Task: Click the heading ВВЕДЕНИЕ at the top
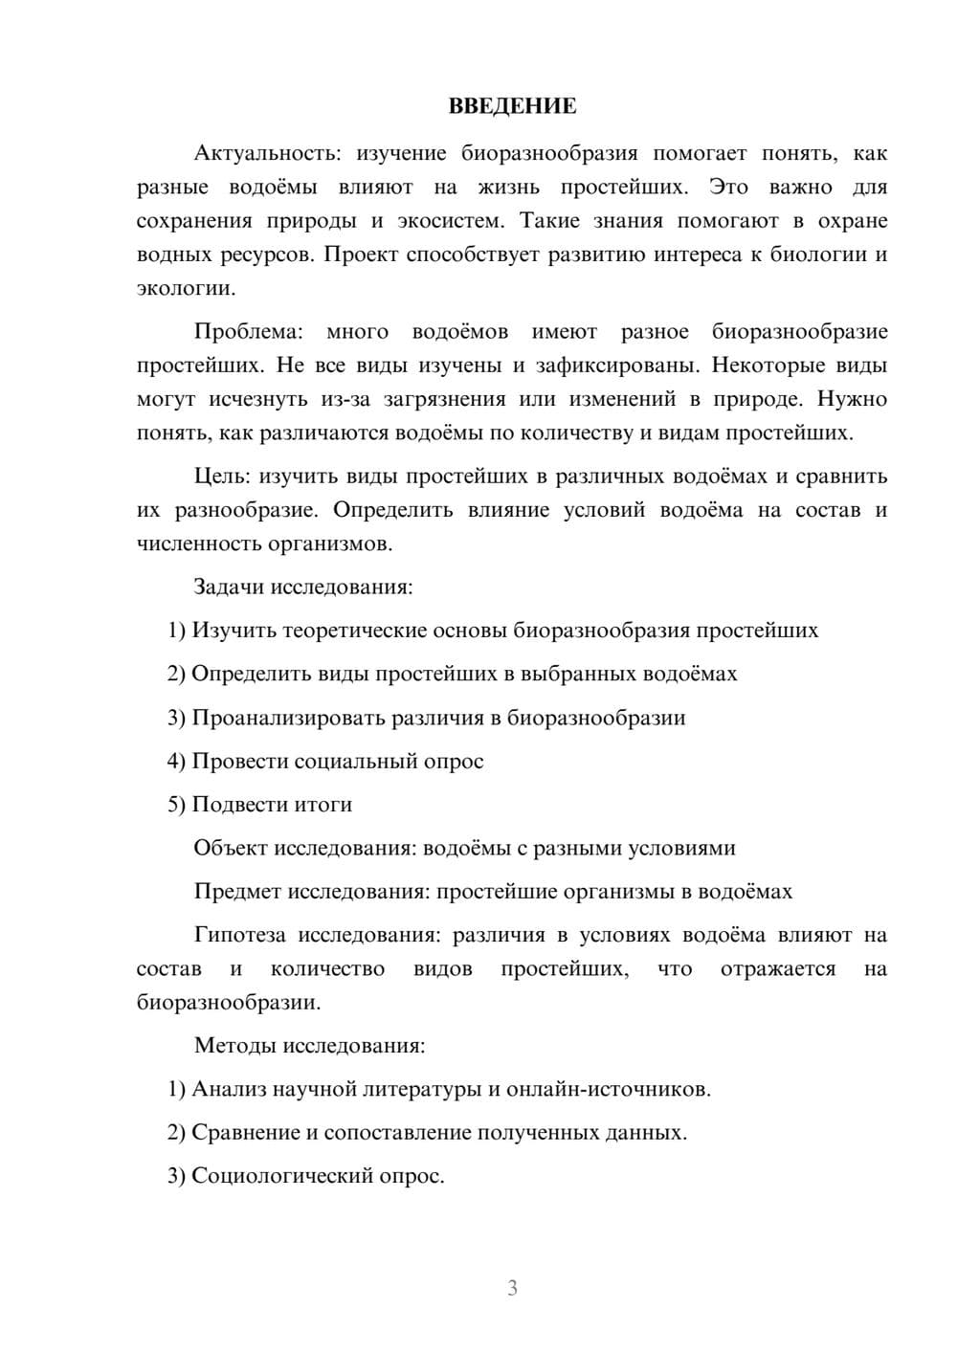click(x=512, y=106)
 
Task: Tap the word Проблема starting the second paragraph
click(x=248, y=332)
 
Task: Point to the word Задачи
click(x=229, y=587)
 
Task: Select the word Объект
click(x=231, y=848)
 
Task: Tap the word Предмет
click(x=237, y=892)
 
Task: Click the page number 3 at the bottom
click(x=512, y=1288)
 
